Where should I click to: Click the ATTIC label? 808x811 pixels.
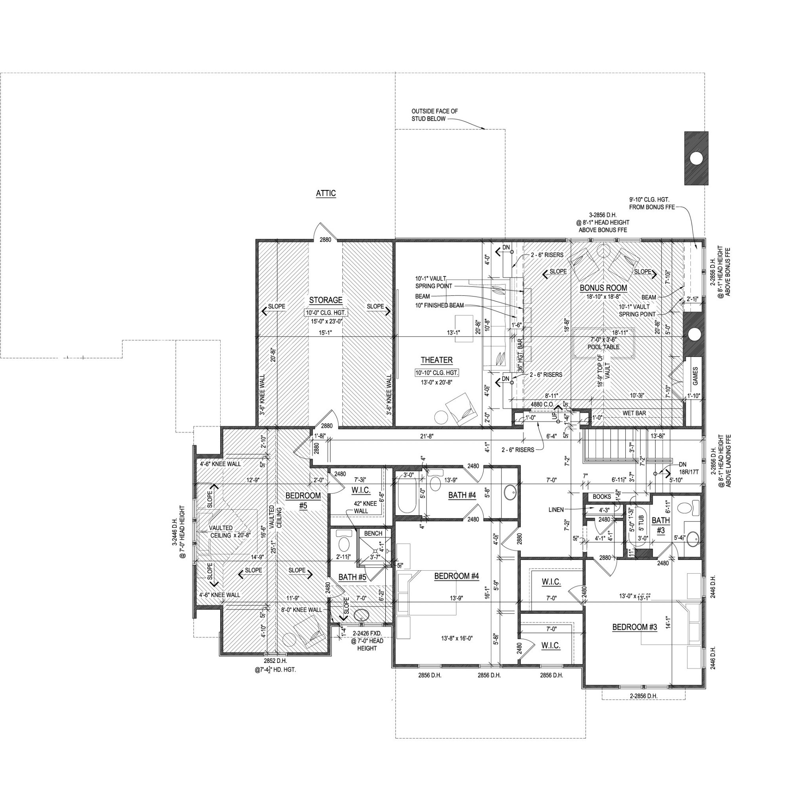click(x=326, y=194)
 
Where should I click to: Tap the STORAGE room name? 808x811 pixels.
click(x=326, y=301)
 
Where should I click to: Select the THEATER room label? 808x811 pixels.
click(x=437, y=360)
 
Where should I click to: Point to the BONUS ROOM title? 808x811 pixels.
click(x=604, y=288)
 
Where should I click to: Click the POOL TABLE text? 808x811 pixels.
click(x=604, y=348)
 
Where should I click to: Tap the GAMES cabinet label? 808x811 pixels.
click(x=695, y=377)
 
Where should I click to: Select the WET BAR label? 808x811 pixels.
click(x=634, y=413)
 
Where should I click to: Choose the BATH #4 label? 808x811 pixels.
click(x=462, y=495)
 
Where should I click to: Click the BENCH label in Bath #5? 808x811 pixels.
click(x=373, y=533)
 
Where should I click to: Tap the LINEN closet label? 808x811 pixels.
click(x=556, y=510)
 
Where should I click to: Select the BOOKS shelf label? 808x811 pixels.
click(x=602, y=497)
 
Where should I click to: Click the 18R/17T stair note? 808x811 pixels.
click(x=689, y=472)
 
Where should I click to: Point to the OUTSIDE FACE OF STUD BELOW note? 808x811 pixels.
click(x=434, y=115)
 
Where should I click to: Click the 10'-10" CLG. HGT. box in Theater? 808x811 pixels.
click(x=437, y=373)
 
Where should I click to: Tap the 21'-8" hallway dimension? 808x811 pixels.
click(x=426, y=436)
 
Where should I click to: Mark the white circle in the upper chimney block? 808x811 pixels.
click(x=696, y=158)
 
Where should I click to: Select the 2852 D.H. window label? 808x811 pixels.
click(x=275, y=661)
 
